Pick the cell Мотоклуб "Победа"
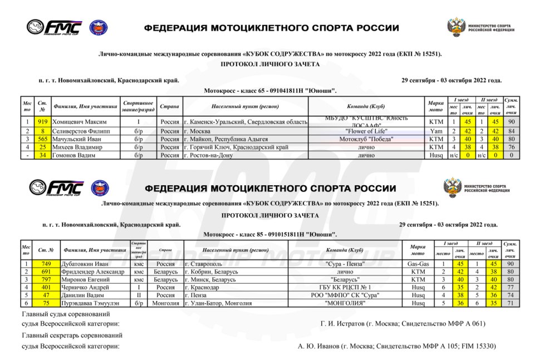click(366, 139)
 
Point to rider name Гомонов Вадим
click(73, 155)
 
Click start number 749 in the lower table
click(46, 264)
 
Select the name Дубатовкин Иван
click(85, 264)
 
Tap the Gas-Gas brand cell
click(418, 264)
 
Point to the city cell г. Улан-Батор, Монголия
click(219, 303)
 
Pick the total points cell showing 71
click(510, 303)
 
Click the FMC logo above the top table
click(55, 27)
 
